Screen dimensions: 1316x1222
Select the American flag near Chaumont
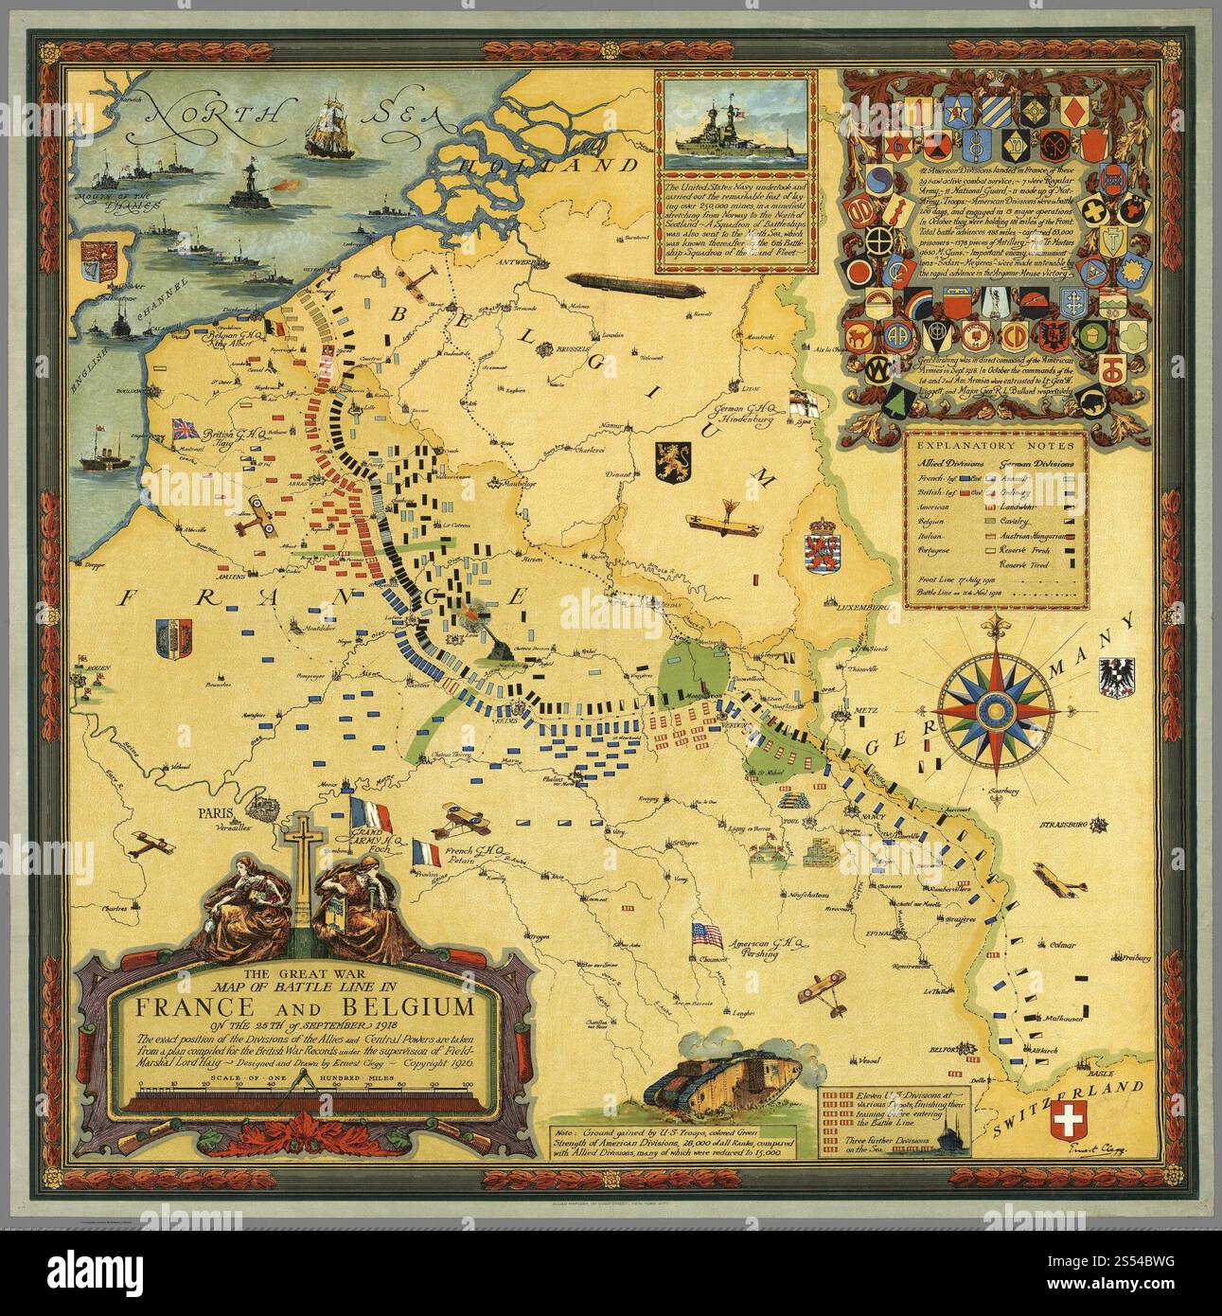coord(706,934)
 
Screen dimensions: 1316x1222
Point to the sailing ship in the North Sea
coord(329,126)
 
